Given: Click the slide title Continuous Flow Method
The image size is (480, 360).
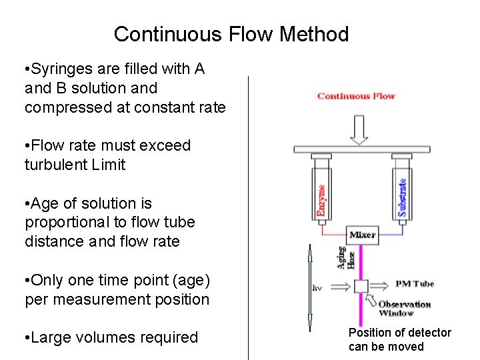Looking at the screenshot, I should pyautogui.click(x=231, y=34).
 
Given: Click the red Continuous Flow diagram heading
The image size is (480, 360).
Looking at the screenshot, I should pyautogui.click(x=356, y=96).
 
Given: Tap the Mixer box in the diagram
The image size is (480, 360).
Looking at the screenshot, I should pyautogui.click(x=363, y=234).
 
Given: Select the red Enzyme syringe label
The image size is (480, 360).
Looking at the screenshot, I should pyautogui.click(x=321, y=201).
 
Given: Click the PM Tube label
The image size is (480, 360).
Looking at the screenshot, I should pyautogui.click(x=414, y=284).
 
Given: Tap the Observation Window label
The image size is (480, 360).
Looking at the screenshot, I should pyautogui.click(x=405, y=308).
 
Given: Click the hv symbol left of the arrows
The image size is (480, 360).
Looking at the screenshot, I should pyautogui.click(x=318, y=289).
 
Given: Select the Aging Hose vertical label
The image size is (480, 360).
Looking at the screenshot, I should pyautogui.click(x=347, y=257).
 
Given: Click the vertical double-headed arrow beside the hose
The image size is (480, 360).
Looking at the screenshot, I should pyautogui.click(x=309, y=287).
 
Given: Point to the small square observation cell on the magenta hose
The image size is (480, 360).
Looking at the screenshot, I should pyautogui.click(x=361, y=285).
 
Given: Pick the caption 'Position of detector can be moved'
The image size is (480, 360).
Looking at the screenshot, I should pyautogui.click(x=399, y=339).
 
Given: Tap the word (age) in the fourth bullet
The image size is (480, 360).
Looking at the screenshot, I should pyautogui.click(x=189, y=280).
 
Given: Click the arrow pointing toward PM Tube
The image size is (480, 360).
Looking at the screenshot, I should pyautogui.click(x=383, y=285).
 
